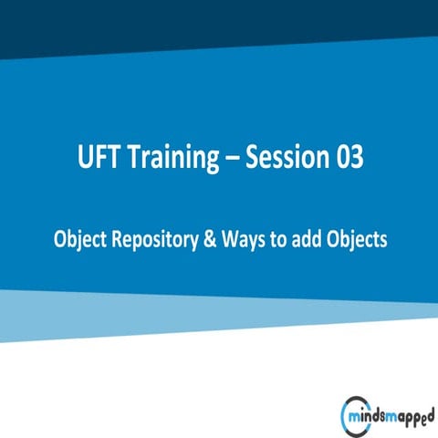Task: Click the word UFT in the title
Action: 99,158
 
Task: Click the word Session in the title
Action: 289,158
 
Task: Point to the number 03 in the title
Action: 349,158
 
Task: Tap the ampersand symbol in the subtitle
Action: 208,239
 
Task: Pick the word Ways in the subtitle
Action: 241,239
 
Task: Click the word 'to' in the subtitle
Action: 276,239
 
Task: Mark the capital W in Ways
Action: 230,239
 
